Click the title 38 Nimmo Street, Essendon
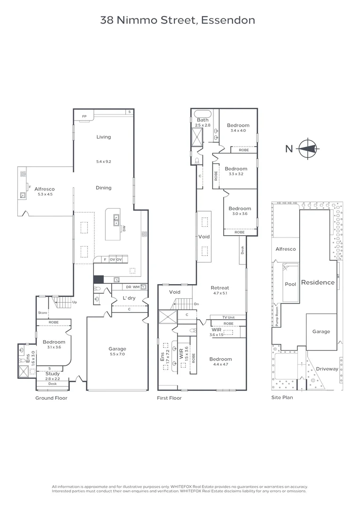pos(178,20)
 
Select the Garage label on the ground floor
pos(117,349)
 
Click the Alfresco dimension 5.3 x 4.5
pos(44,194)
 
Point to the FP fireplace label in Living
pos(85,116)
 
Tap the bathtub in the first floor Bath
pos(203,114)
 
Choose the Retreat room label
pos(220,287)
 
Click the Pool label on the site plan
pos(291,284)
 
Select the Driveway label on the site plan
pos(327,369)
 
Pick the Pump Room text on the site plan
pos(277,317)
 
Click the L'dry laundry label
pos(129,298)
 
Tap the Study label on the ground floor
pos(52,374)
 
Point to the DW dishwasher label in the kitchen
pos(124,229)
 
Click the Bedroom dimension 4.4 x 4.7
pos(221,364)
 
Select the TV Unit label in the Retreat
pos(229,318)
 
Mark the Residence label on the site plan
pos(318,283)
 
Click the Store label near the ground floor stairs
pos(43,312)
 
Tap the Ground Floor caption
pos(51,398)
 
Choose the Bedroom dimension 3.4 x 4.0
pos(238,130)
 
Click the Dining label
pos(104,188)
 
